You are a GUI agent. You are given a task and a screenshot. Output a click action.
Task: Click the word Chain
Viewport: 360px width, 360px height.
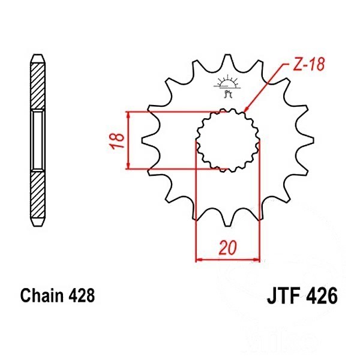[42, 295]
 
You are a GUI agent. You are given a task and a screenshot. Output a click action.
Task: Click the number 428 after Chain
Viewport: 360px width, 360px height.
[81, 295]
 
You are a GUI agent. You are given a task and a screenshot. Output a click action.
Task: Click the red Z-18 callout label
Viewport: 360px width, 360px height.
[309, 64]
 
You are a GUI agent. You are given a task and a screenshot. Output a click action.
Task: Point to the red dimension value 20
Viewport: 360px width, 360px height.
[227, 248]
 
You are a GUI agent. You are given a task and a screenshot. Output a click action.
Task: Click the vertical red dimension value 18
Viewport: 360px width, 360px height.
[117, 140]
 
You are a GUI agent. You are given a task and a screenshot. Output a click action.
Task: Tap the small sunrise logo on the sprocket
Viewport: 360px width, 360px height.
[227, 86]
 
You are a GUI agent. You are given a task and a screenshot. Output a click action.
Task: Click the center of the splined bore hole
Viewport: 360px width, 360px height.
[227, 140]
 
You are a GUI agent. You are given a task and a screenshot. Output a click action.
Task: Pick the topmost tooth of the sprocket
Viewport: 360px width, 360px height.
[227, 61]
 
